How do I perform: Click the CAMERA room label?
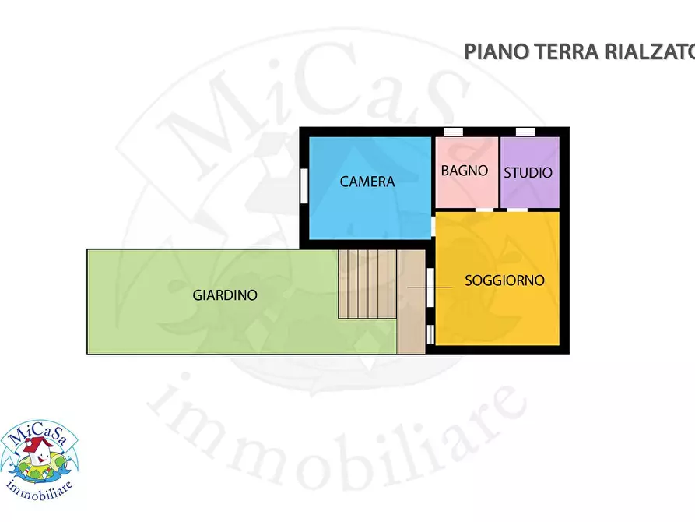367,182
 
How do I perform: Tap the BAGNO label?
465,171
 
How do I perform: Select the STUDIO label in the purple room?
528,172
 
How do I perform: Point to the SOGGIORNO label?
504,280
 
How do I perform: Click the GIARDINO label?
225,295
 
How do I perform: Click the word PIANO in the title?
497,52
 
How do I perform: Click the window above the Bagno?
453,131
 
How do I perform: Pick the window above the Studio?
526,131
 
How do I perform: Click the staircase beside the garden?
367,284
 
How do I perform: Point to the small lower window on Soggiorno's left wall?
430,333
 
